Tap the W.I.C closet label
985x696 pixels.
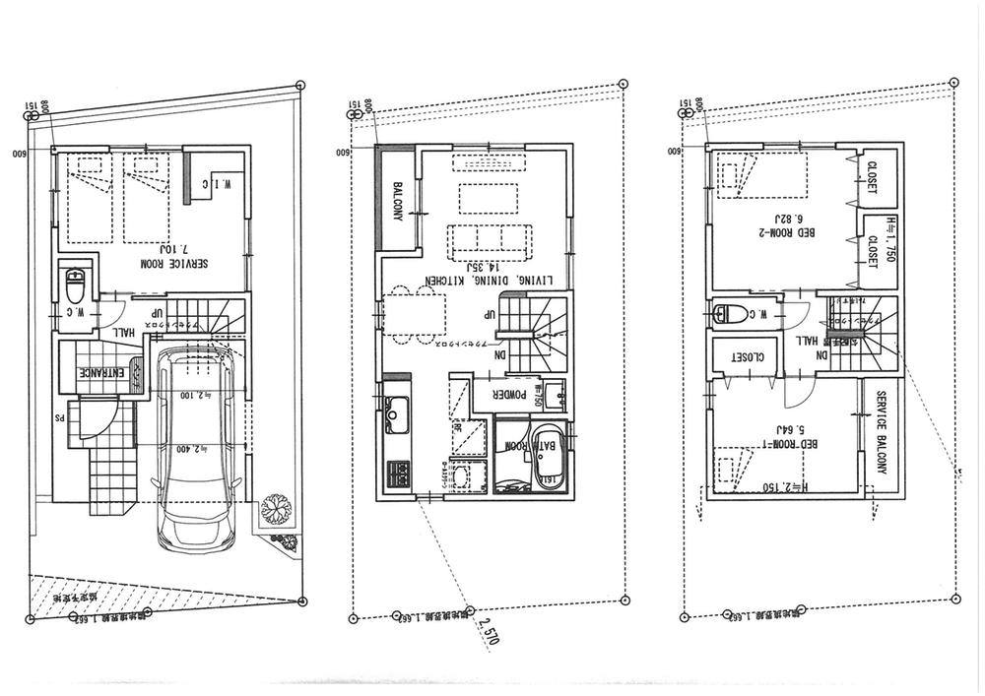(219, 184)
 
